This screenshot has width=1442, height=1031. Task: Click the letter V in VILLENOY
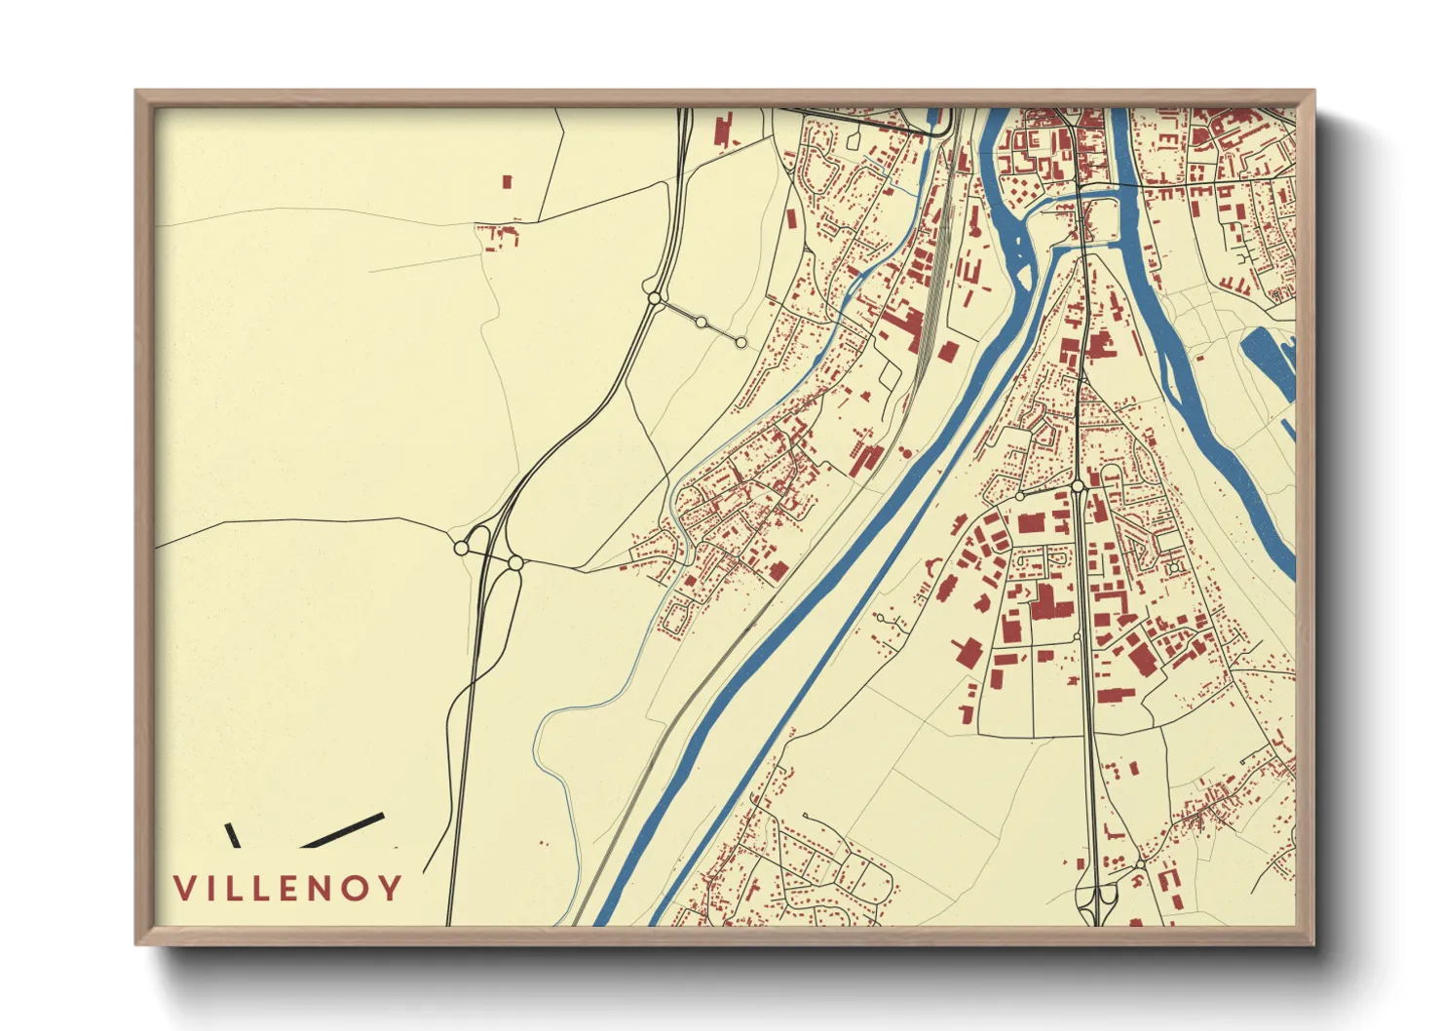pyautogui.click(x=184, y=888)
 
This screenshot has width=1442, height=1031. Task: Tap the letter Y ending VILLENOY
pyautogui.click(x=391, y=888)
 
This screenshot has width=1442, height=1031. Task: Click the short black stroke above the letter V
pyautogui.click(x=232, y=834)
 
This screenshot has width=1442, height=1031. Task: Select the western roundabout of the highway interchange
pyautogui.click(x=461, y=549)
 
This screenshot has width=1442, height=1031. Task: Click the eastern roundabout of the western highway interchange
pyautogui.click(x=514, y=562)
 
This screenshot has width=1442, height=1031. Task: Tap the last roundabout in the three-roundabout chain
pyautogui.click(x=740, y=342)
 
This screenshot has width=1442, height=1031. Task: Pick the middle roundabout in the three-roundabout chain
pyautogui.click(x=701, y=323)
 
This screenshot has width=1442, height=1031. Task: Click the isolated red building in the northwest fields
pyautogui.click(x=507, y=181)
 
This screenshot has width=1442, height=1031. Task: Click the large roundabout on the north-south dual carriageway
pyautogui.click(x=1078, y=485)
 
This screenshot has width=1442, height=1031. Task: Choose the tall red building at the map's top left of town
pyautogui.click(x=723, y=132)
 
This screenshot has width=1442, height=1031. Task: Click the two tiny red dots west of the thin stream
pyautogui.click(x=545, y=844)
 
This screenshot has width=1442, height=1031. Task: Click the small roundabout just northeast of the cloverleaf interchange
pyautogui.click(x=1139, y=865)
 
